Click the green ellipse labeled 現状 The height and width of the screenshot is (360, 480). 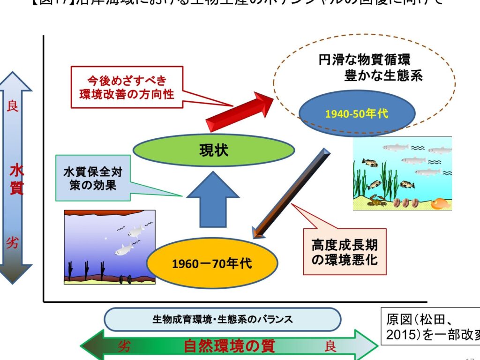point(214,150)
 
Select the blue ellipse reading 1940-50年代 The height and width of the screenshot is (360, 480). point(356,113)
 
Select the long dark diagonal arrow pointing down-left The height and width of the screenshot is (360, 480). point(291,192)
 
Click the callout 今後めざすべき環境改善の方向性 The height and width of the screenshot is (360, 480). point(127,87)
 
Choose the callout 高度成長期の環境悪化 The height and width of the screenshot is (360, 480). point(345,252)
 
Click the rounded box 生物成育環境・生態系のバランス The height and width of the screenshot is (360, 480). point(222,320)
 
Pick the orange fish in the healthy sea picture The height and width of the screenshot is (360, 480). point(440,203)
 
